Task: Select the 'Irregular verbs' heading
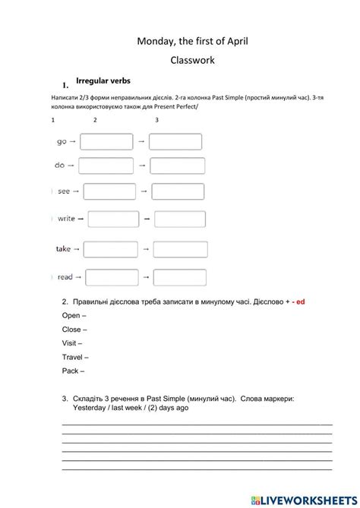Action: point(103,80)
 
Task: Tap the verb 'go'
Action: point(62,141)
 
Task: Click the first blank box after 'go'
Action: point(106,142)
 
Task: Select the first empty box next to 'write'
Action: point(113,219)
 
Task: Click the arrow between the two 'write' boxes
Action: point(147,219)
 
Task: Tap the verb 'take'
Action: point(63,249)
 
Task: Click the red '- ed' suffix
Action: point(297,301)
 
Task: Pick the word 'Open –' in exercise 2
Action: point(74,315)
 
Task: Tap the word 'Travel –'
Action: point(75,357)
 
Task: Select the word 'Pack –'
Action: point(73,371)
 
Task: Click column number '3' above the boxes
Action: point(156,120)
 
